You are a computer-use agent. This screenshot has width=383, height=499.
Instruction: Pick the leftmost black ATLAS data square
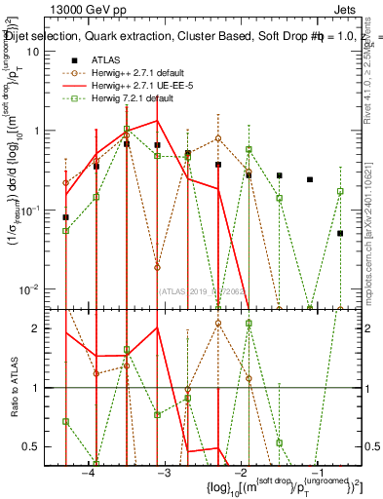pyautogui.click(x=65, y=217)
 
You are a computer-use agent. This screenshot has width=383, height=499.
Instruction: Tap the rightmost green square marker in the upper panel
pyautogui.click(x=340, y=192)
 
